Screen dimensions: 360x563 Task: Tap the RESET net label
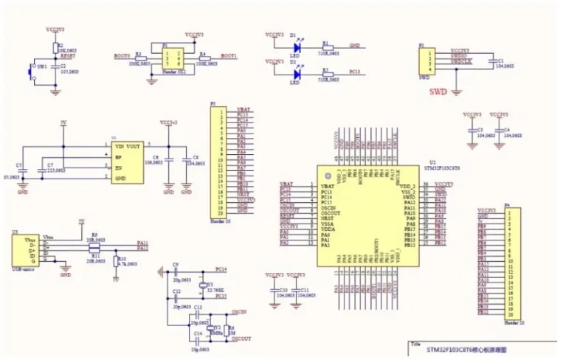68,54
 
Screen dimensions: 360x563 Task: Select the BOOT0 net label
122,55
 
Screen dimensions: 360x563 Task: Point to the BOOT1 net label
227,55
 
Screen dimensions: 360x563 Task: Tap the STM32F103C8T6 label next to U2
447,167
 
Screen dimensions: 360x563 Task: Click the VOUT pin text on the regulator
133,146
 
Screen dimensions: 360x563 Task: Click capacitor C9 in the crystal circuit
176,272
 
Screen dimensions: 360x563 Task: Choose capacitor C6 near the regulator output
168,159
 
